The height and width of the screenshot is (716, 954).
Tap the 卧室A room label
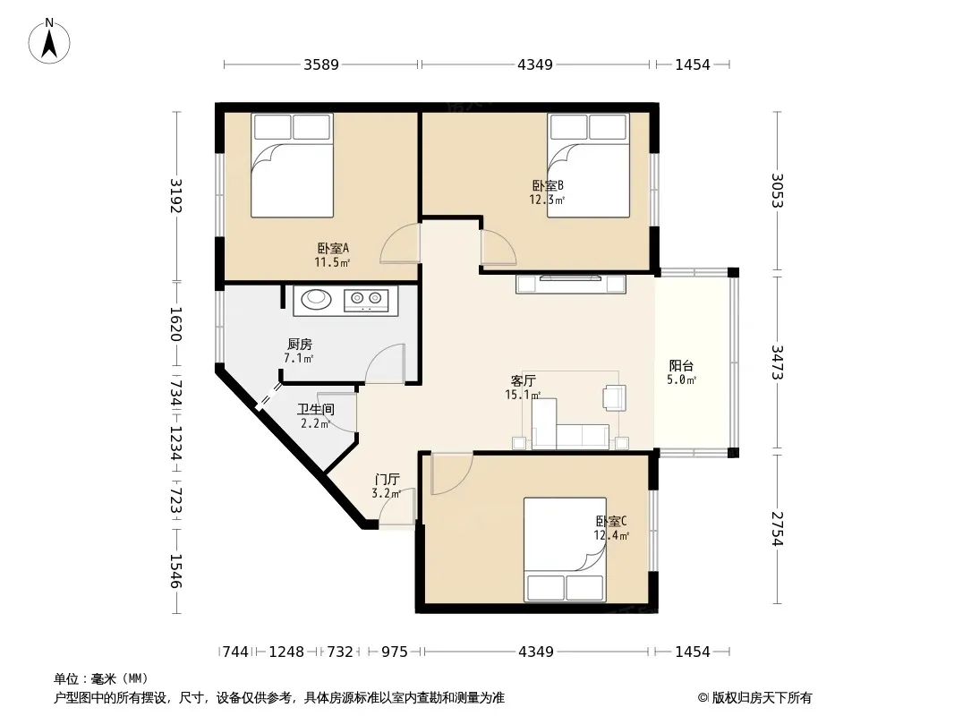[x=333, y=248]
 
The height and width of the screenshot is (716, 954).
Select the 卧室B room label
[x=548, y=185]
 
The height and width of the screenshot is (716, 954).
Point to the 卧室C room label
[x=611, y=521]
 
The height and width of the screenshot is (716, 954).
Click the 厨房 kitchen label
[x=300, y=345]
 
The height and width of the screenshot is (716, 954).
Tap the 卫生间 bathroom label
[x=316, y=409]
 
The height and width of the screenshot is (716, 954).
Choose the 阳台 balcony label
[x=681, y=365]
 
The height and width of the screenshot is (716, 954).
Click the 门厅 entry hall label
[x=387, y=480]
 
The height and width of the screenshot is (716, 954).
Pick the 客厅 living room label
[x=523, y=380]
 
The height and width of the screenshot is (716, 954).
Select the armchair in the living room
[x=614, y=398]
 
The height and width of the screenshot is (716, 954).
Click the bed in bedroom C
[x=566, y=550]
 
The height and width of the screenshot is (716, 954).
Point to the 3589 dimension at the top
[x=321, y=64]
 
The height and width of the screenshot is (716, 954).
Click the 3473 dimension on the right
[x=777, y=362]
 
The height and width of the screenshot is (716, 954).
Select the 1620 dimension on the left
[x=175, y=324]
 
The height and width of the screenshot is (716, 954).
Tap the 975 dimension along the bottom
[x=395, y=652]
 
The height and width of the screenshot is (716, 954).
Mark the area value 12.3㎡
[x=547, y=199]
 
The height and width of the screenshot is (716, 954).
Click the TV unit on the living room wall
[x=571, y=284]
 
